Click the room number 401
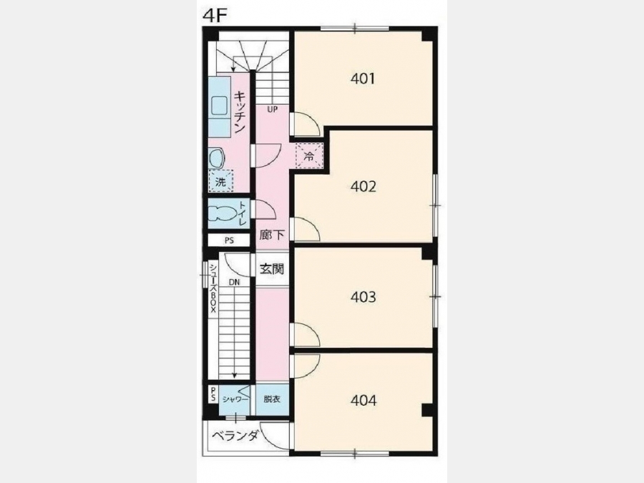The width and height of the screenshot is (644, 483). (363, 79)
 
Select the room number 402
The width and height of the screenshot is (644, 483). (363, 187)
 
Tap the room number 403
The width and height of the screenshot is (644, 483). (363, 296)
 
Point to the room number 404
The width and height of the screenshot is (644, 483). (364, 400)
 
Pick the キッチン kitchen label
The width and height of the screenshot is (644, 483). (240, 112)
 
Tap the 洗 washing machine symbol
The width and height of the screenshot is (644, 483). (221, 181)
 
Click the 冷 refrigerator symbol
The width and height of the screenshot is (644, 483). (309, 156)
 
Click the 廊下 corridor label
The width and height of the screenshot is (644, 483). (273, 235)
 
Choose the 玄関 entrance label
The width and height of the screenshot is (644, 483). (272, 269)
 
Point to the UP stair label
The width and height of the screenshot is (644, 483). (272, 109)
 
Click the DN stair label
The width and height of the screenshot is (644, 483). (235, 282)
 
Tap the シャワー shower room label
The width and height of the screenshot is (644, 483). (235, 399)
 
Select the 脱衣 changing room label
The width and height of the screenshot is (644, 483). (271, 399)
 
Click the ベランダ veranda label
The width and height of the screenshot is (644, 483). (235, 435)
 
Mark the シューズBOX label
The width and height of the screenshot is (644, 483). (213, 288)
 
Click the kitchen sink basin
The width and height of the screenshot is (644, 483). (219, 107)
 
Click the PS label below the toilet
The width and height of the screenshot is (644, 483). (229, 240)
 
